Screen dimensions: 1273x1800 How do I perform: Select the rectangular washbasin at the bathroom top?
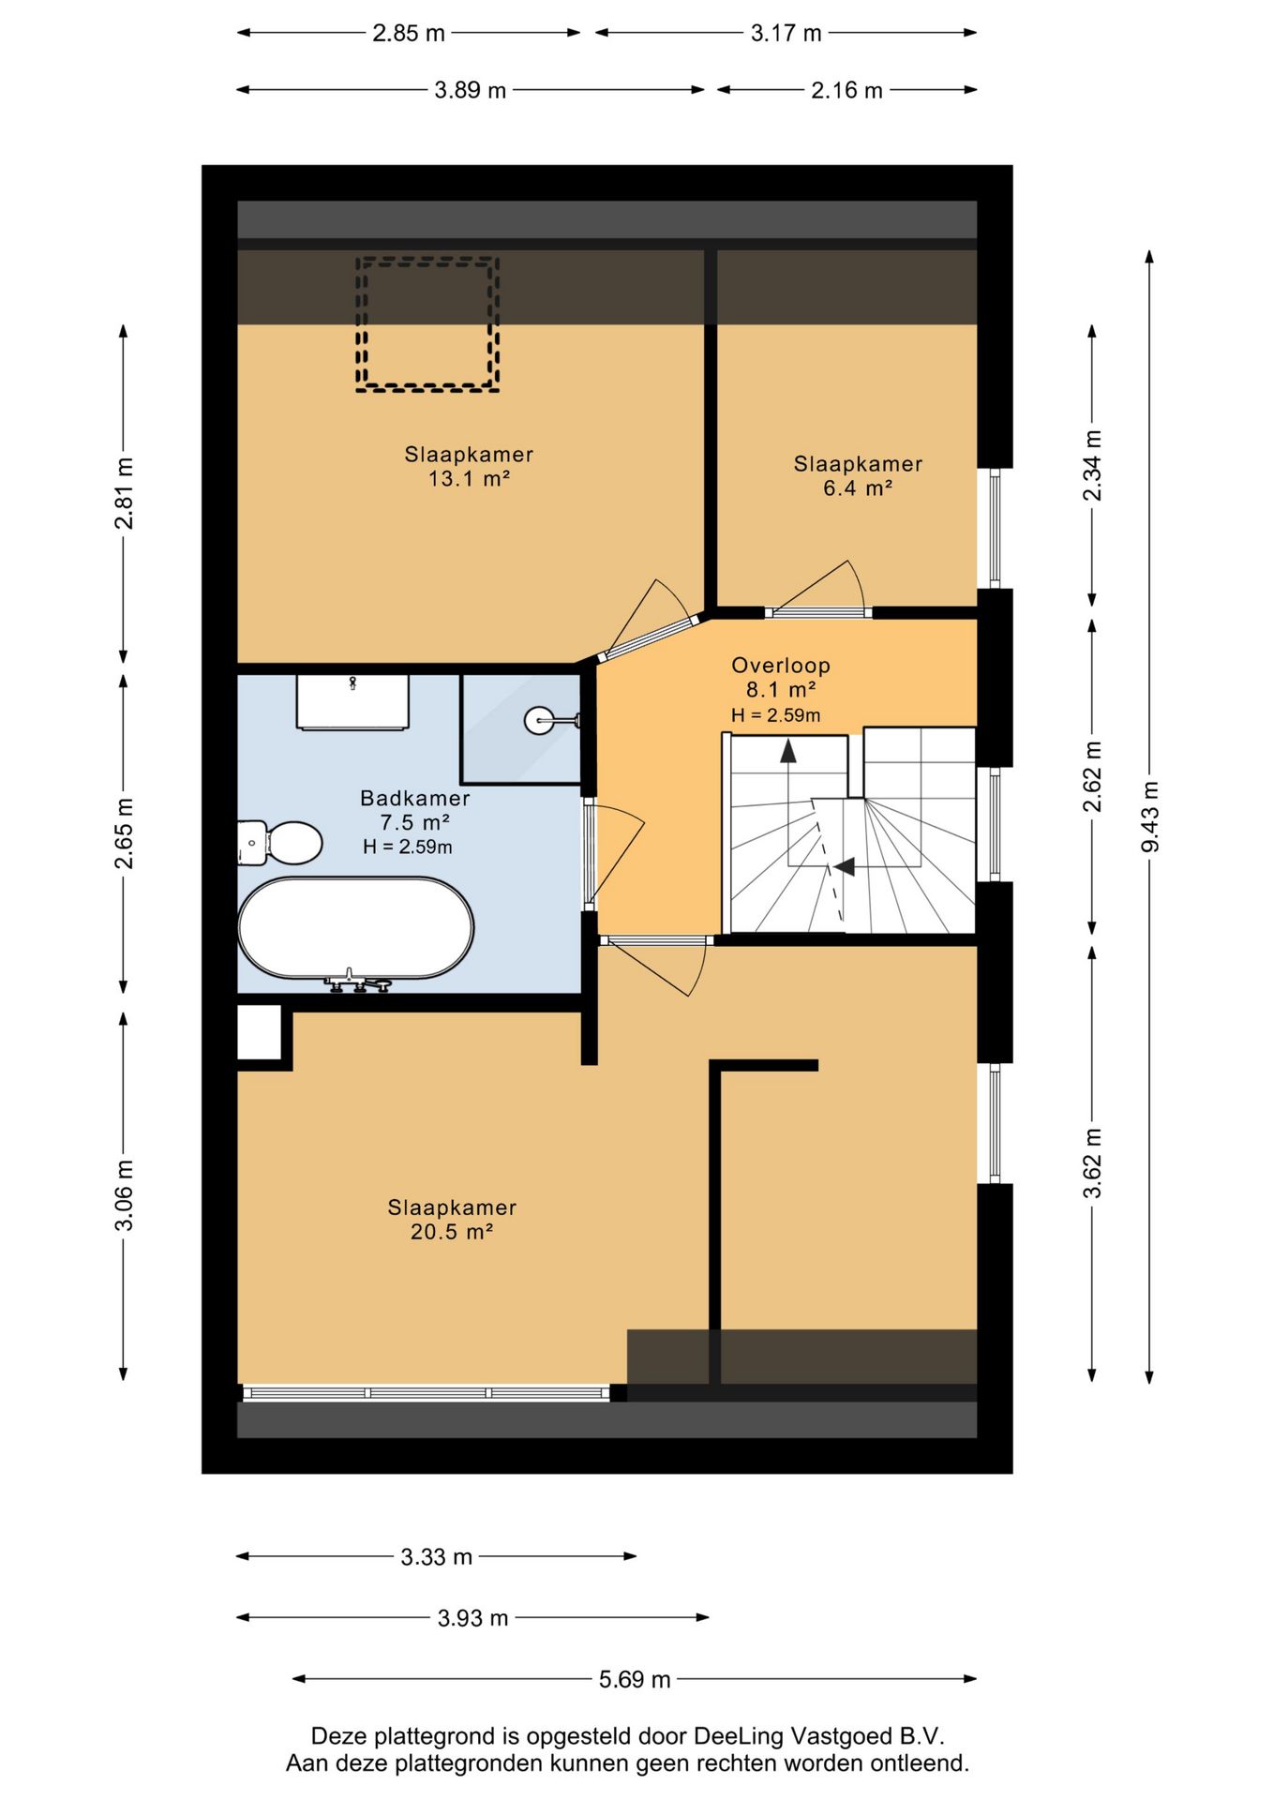click(352, 701)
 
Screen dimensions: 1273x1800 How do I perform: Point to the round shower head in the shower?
click(540, 720)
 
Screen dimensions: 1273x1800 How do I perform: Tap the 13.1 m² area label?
click(469, 479)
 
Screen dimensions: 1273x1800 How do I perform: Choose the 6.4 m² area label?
click(858, 488)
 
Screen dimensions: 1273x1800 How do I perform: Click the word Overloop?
click(781, 666)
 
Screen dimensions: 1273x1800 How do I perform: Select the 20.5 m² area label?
click(452, 1232)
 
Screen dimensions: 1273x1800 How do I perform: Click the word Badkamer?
click(415, 799)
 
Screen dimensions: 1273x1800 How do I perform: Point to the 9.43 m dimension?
click(1149, 817)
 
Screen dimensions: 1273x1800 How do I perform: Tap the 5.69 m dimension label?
click(635, 1679)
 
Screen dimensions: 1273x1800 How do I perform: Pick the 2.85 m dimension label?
click(409, 33)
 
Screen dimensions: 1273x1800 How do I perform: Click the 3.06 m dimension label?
click(124, 1195)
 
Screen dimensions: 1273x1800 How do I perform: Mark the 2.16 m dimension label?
click(846, 90)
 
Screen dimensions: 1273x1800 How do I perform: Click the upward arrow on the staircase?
click(788, 751)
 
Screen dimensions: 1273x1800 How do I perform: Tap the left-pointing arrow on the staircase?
click(845, 867)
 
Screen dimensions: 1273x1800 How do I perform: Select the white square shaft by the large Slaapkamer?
click(260, 1032)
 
